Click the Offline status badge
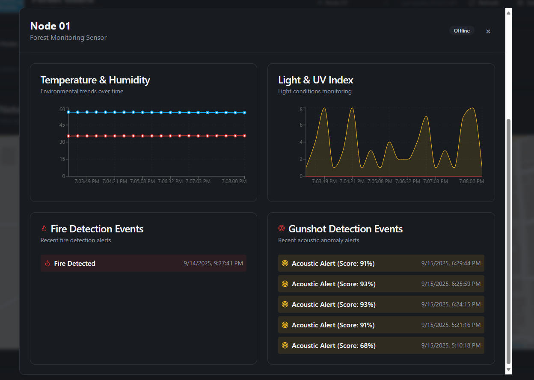coord(462,31)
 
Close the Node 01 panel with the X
coord(488,31)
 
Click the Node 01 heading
coord(50,26)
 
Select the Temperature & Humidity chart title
coord(95,80)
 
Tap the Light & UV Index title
coord(315,80)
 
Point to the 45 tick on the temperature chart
coord(62,125)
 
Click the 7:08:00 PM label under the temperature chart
coord(234,181)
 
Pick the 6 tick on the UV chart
coord(301,125)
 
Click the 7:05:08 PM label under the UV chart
coord(380,181)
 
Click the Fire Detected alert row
coord(143,263)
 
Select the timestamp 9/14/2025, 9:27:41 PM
coord(213,263)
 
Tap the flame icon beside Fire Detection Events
coord(44,229)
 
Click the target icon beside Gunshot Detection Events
coord(282,229)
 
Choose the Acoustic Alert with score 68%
coord(333,345)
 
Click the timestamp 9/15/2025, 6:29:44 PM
coord(451,263)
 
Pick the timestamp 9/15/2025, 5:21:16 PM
coord(451,325)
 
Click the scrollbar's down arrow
coord(508,369)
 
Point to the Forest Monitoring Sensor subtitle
coord(68,38)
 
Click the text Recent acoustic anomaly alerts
coord(318,240)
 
